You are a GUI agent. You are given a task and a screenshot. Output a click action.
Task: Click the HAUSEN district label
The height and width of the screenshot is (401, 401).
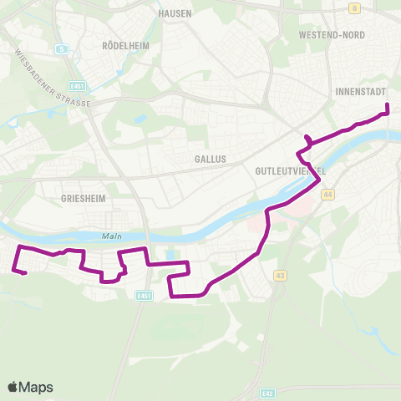175,14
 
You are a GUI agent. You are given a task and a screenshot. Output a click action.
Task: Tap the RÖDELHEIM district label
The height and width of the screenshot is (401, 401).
124,46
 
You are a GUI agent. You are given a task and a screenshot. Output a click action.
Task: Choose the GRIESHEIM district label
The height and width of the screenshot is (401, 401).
82,199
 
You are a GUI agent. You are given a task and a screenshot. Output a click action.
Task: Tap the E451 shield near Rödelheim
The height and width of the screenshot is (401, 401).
79,85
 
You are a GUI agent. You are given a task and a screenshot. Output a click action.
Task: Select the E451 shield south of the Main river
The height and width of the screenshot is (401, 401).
145,295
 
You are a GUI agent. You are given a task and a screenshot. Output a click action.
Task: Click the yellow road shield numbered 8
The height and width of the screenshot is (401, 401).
354,8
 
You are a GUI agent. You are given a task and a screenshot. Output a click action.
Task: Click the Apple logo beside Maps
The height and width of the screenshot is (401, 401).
13,387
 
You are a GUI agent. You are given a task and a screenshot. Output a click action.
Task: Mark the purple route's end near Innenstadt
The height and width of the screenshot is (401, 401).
388,105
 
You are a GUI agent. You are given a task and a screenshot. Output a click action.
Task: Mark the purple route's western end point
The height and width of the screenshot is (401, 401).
25,272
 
